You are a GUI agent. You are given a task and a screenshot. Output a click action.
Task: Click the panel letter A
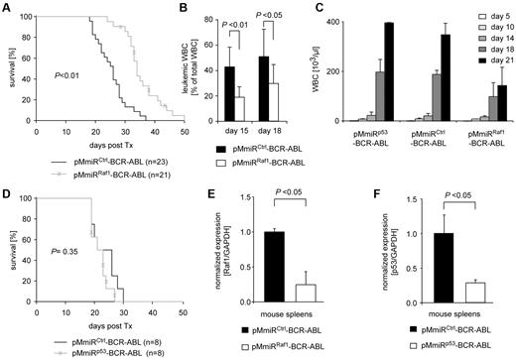(x=8, y=8)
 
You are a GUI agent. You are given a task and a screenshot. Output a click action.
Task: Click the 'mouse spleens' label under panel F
(x=445, y=317)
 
